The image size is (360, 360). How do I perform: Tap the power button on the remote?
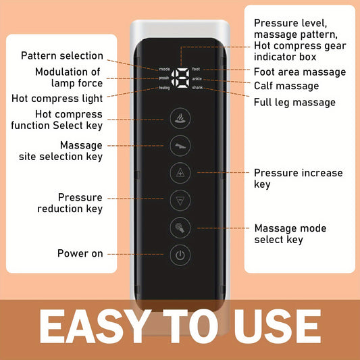pos(180,255)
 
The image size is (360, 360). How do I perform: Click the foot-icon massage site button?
pos(180,145)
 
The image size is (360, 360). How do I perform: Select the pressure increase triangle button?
pos(180,173)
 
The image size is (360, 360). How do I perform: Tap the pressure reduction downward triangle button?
pos(180,201)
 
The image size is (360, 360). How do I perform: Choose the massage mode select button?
pos(180,228)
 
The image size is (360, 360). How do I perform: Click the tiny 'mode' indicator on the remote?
pos(165,69)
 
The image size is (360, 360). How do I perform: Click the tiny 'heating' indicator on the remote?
pos(164,88)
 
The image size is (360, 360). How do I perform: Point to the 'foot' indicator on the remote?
pos(196,69)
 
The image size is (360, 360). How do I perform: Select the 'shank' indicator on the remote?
pos(197,88)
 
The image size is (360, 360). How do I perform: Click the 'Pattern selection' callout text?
pos(62,56)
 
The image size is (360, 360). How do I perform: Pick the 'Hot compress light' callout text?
pos(57,98)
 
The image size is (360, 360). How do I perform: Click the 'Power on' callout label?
pos(80,253)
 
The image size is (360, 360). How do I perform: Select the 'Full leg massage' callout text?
pos(294,102)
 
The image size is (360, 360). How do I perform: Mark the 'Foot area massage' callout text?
pos(299,72)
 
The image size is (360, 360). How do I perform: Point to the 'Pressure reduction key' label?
pos(71,203)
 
